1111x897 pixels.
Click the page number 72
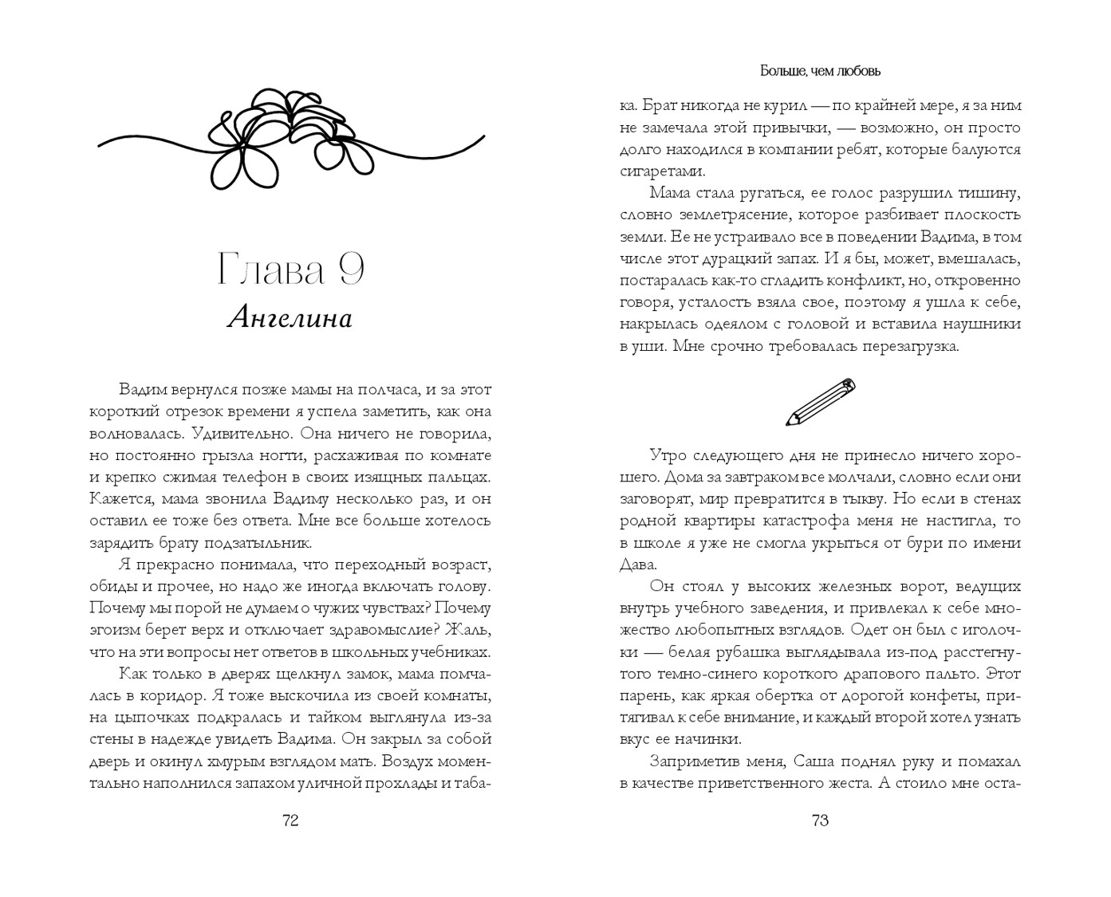pyautogui.click(x=290, y=820)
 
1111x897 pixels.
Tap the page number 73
pyautogui.click(x=820, y=820)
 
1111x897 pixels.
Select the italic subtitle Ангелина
pyautogui.click(x=290, y=318)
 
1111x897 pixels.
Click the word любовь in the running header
pyautogui.click(x=856, y=71)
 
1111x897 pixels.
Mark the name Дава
pyautogui.click(x=637, y=565)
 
